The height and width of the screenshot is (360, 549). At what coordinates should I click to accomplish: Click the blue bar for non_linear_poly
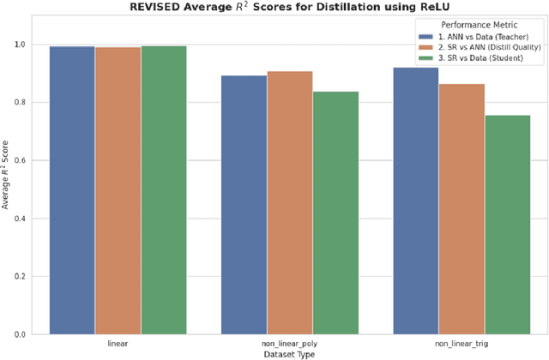point(244,205)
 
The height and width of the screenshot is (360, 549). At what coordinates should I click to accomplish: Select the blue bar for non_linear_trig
point(415,201)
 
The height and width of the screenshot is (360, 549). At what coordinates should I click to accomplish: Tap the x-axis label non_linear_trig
point(462,342)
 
